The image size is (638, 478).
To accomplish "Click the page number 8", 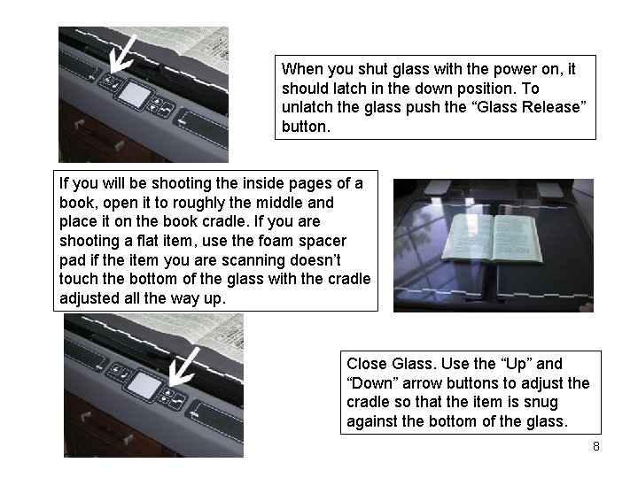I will click(595, 446).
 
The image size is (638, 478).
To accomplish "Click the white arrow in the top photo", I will click(125, 52).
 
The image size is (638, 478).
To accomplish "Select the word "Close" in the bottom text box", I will click(366, 364).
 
